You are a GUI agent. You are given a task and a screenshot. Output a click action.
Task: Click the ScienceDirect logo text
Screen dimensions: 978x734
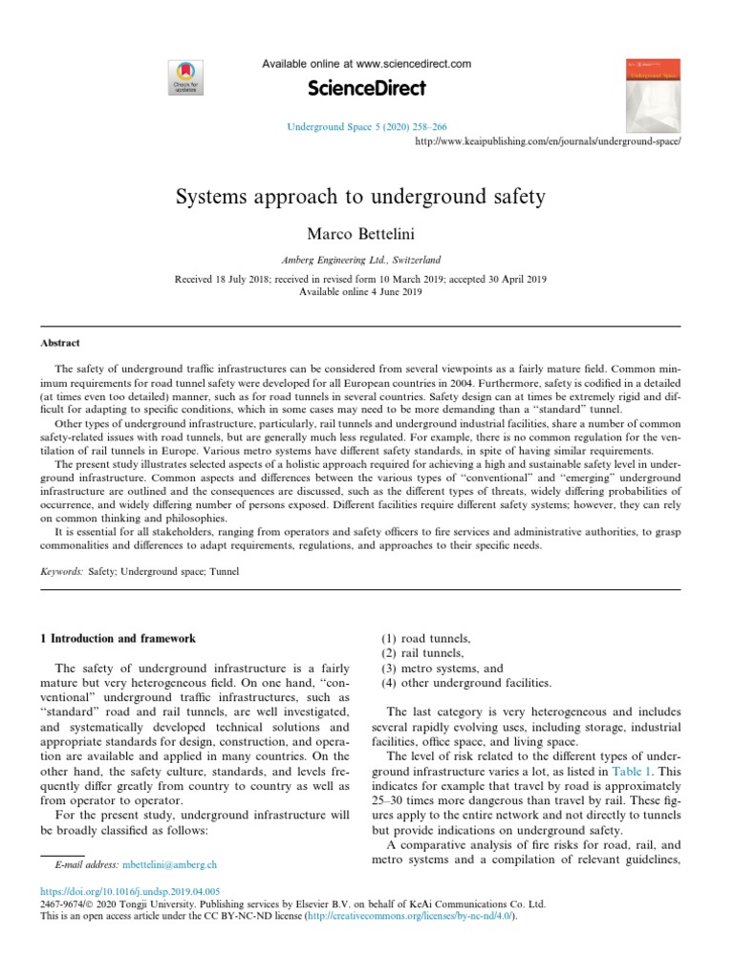point(366,89)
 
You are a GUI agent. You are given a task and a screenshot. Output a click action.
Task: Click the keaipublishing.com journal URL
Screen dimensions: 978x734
point(550,140)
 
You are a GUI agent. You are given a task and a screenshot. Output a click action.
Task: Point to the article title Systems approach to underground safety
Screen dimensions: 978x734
point(360,197)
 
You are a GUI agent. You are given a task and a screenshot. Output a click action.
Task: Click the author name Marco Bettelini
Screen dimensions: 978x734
point(367,234)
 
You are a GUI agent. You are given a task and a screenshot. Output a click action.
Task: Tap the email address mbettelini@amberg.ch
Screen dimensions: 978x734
point(170,864)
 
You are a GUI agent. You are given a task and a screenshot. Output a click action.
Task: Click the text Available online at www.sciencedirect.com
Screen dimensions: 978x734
point(367,64)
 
